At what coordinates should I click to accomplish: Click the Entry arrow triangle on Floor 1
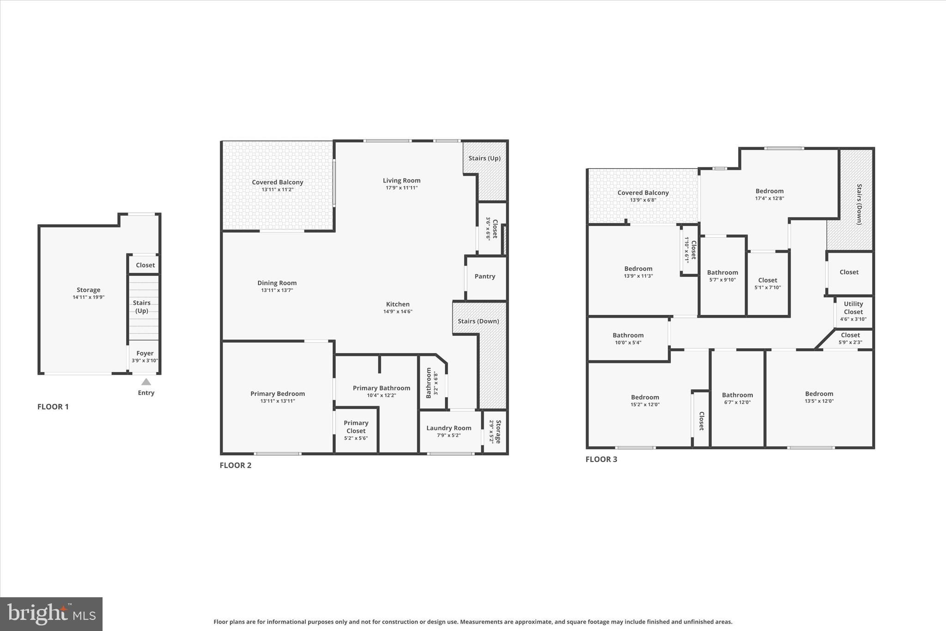pos(146,382)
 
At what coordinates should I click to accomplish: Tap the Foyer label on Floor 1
pos(145,354)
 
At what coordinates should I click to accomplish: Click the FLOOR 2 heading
pos(236,465)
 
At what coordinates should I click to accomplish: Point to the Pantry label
pos(485,276)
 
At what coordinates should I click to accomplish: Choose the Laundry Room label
pos(449,428)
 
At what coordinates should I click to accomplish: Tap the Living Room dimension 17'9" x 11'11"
pos(401,188)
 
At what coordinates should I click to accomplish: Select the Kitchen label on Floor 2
pos(398,304)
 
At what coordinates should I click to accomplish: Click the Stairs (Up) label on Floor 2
pos(485,158)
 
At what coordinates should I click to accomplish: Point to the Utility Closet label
pos(853,308)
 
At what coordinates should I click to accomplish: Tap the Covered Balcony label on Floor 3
pos(643,193)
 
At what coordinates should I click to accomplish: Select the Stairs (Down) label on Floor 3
pos(859,204)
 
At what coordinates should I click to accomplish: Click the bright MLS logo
pos(51,614)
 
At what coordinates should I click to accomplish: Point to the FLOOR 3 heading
pos(601,459)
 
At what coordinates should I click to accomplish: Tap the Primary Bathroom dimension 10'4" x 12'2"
pos(382,396)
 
